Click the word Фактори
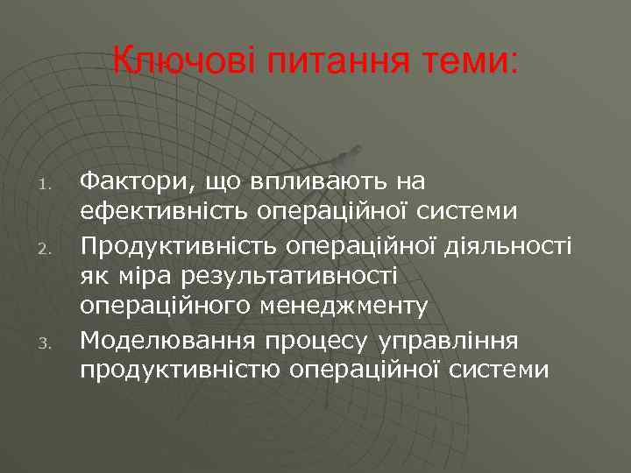click(x=136, y=181)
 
